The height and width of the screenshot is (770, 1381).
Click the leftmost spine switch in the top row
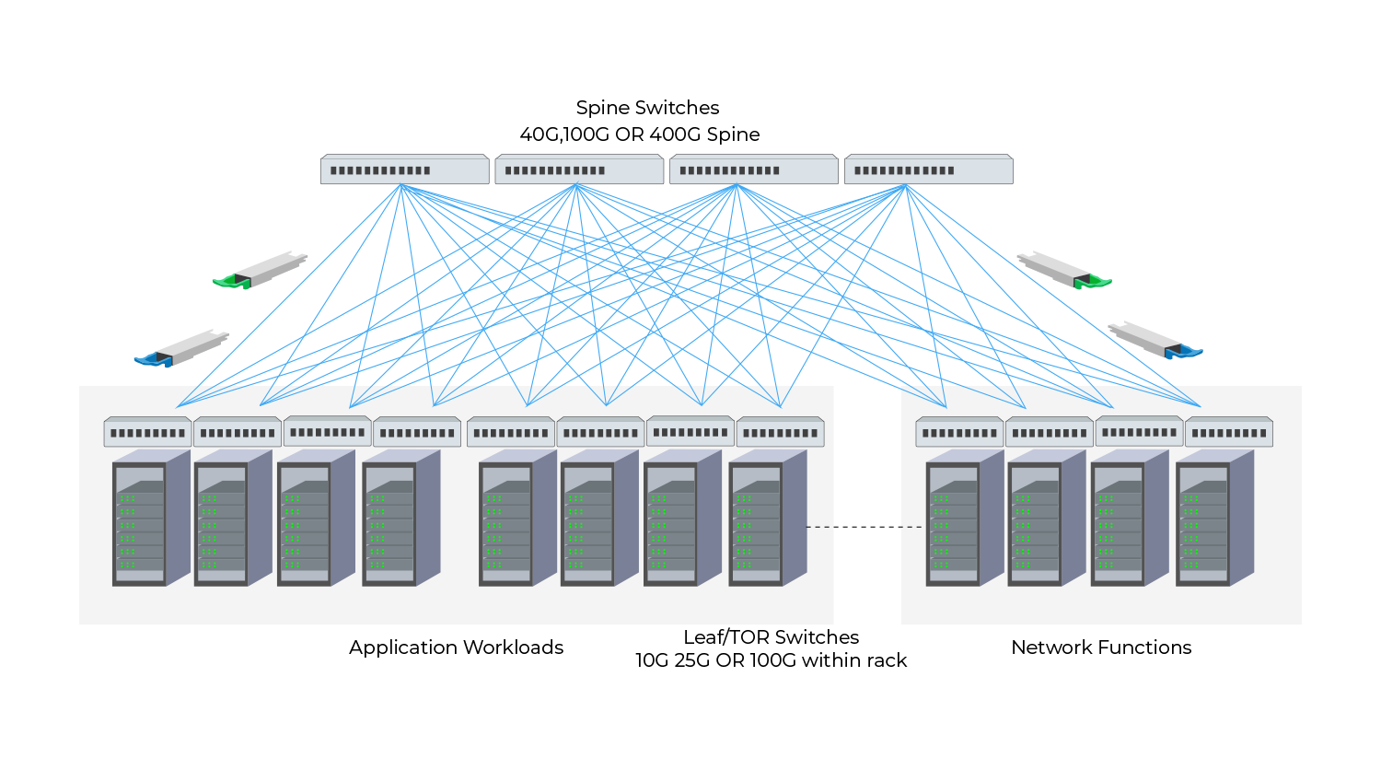[404, 170]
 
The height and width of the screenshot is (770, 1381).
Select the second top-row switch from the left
[579, 170]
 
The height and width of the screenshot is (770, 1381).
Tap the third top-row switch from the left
[754, 170]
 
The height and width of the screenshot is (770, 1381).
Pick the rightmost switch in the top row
[929, 170]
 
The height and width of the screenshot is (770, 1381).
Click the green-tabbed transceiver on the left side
[261, 270]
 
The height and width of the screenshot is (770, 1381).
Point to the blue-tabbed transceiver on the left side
[182, 349]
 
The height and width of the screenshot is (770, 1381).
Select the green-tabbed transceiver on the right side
[1063, 270]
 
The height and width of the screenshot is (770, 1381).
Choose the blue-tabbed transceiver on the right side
[1155, 341]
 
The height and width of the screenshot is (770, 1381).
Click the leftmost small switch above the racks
[147, 432]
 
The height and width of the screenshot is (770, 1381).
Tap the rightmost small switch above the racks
[1229, 432]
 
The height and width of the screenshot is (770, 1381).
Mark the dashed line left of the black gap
[819, 527]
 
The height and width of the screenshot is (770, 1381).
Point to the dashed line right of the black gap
[911, 527]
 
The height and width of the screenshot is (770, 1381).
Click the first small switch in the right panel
[959, 432]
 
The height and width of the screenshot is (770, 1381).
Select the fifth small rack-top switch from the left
[511, 432]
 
